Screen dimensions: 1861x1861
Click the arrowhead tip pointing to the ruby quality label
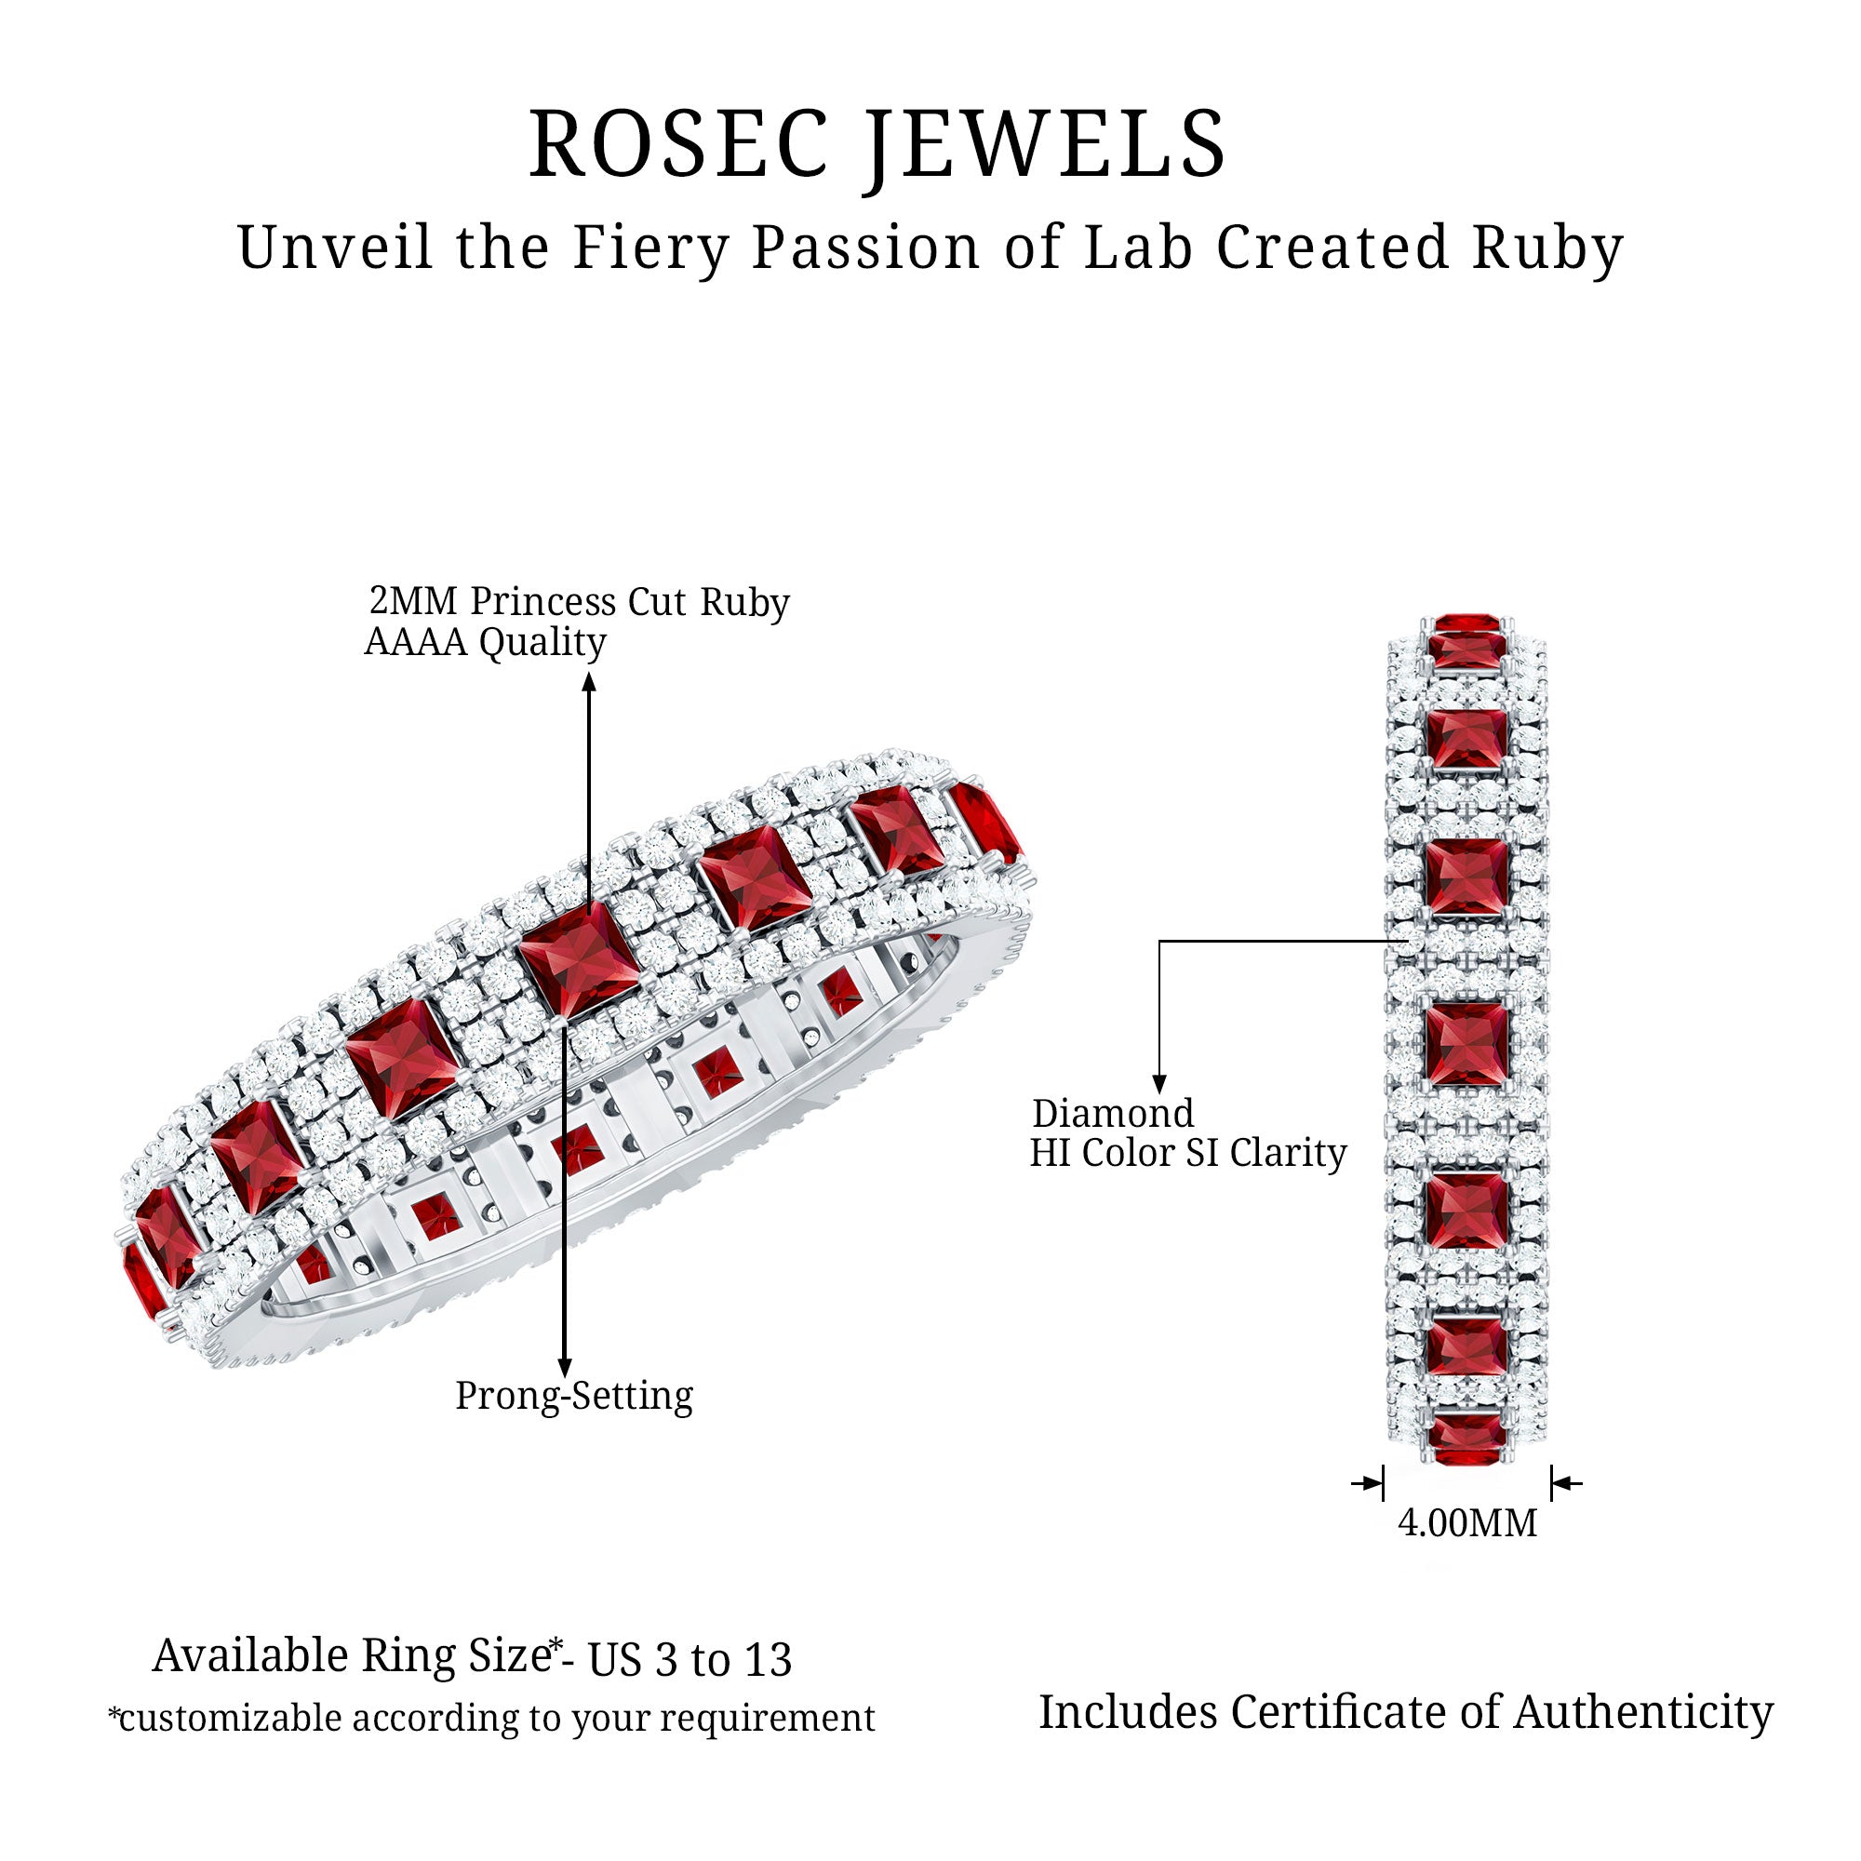[x=590, y=674]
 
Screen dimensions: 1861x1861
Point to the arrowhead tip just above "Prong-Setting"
[x=566, y=1376]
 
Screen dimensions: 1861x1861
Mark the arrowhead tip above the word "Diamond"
[x=1159, y=1094]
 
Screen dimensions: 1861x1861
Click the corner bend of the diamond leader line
[x=1159, y=941]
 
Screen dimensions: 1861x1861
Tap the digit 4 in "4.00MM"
[x=1407, y=1523]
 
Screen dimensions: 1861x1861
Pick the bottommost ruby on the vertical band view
[x=1467, y=1440]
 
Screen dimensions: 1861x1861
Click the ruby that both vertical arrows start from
[x=579, y=960]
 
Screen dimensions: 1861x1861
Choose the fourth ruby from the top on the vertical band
[x=1467, y=1044]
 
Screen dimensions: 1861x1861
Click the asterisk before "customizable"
[x=114, y=1714]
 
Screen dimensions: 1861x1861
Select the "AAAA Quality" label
[x=486, y=642]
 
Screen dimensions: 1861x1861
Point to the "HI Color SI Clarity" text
[x=1187, y=1152]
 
